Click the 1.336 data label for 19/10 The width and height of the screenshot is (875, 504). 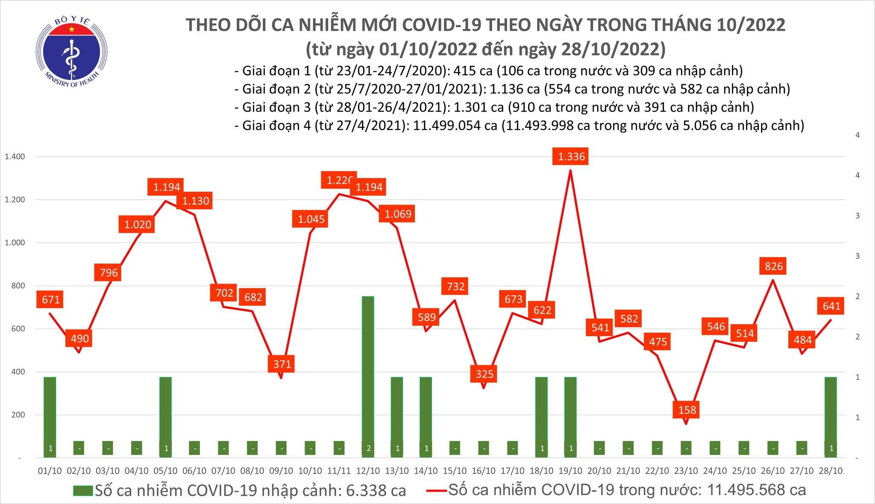tap(571, 156)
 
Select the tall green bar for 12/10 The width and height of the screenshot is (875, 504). tap(368, 376)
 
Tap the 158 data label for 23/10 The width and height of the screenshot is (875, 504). tap(687, 410)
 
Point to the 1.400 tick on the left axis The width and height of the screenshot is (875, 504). tap(15, 157)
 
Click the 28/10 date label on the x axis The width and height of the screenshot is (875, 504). tap(831, 471)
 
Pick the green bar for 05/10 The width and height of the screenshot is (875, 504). tap(165, 416)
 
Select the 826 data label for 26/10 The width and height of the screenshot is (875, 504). tap(774, 266)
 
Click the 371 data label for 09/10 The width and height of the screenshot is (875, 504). tap(282, 364)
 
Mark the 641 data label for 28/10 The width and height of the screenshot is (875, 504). tap(831, 306)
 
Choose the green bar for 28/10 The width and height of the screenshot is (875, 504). tap(831, 416)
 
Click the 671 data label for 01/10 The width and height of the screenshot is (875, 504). tap(51, 300)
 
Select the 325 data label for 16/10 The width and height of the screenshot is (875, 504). tap(484, 374)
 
